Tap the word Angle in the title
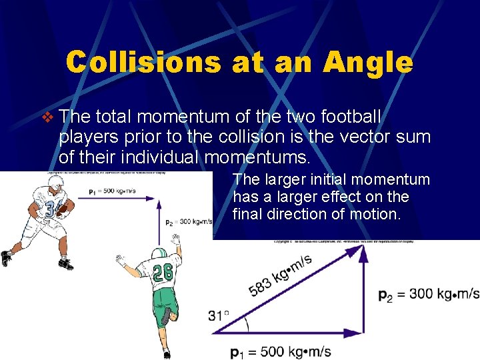[368, 62]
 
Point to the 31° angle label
[219, 315]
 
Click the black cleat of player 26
[165, 315]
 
